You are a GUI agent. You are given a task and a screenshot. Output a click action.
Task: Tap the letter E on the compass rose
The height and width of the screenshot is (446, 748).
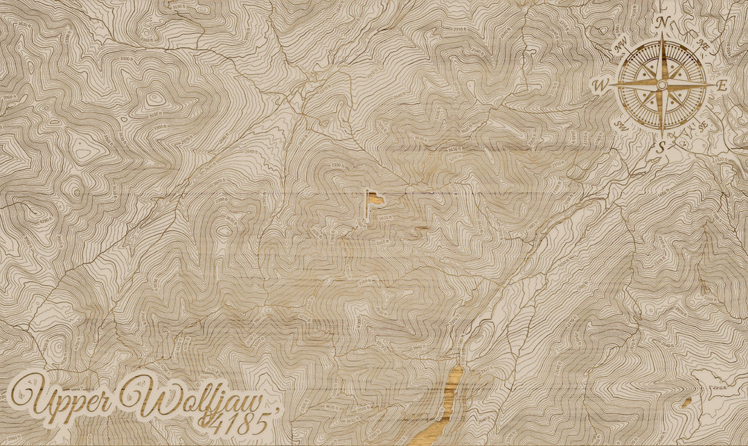(722, 86)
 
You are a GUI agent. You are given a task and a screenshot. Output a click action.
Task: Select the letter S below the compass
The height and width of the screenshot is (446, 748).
(661, 146)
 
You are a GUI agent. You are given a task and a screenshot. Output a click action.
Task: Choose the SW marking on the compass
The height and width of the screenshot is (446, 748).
(620, 125)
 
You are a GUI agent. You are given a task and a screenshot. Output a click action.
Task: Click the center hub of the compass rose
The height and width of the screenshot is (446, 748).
(661, 84)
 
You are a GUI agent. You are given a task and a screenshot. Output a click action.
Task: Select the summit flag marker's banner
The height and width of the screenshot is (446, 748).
(373, 197)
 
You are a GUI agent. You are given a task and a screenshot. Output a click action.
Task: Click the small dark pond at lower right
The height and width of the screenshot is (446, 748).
(687, 401)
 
